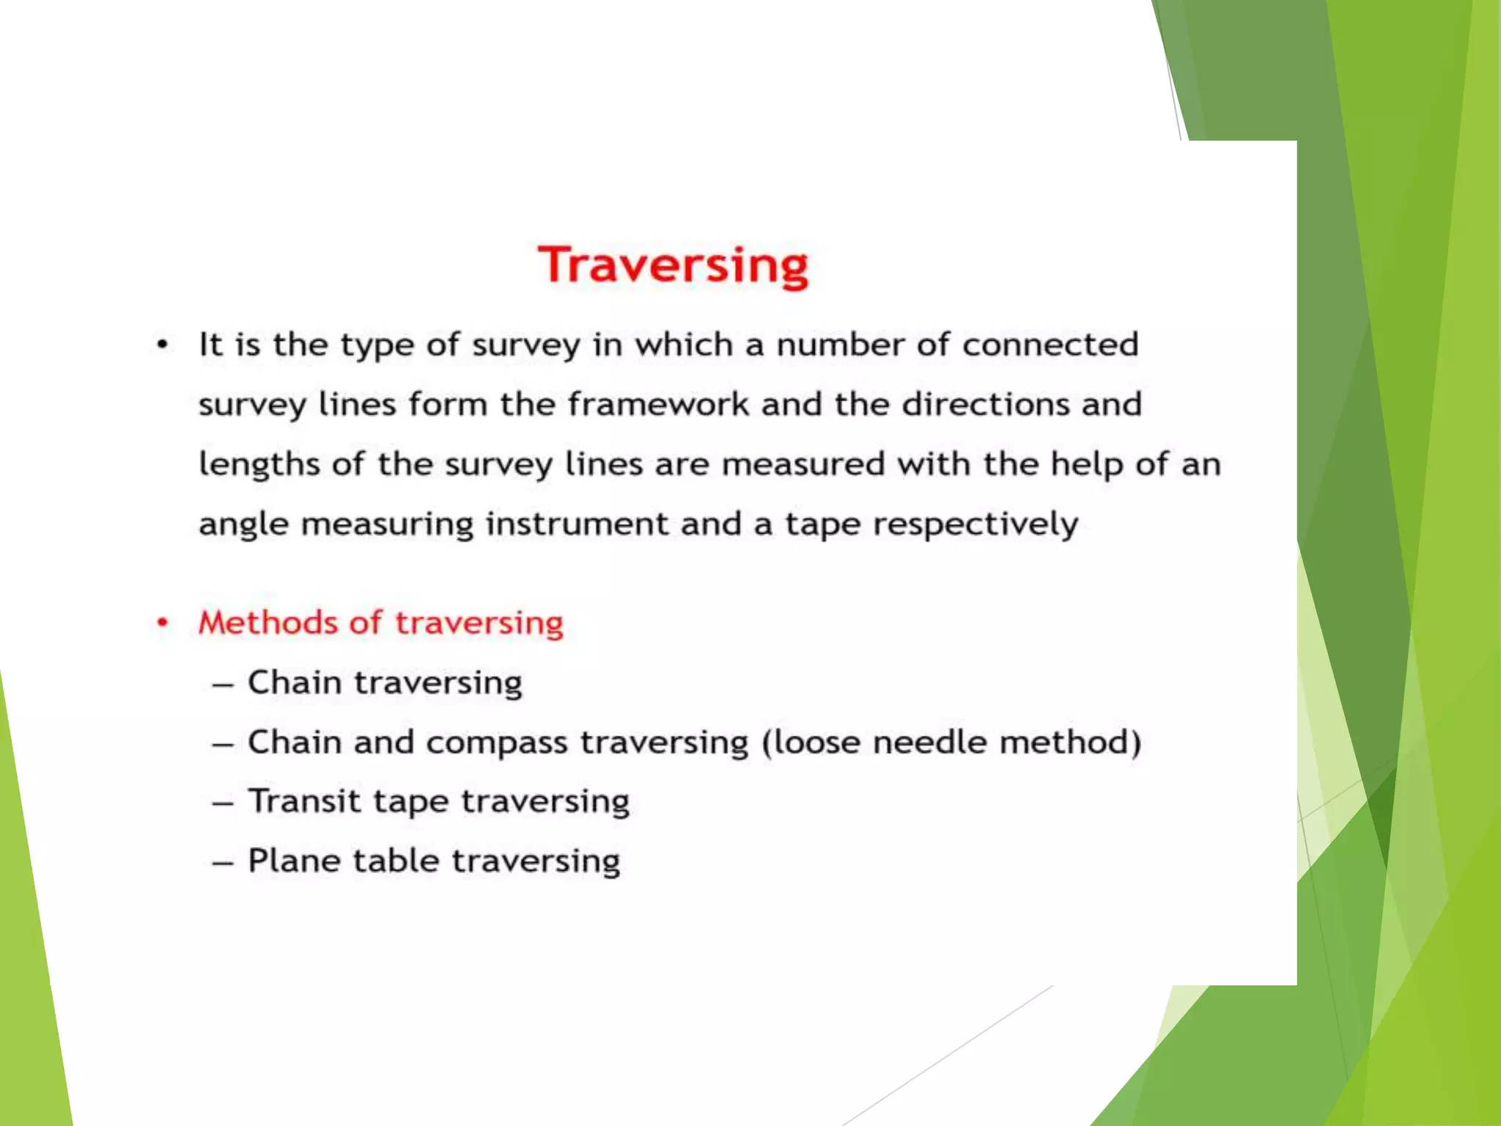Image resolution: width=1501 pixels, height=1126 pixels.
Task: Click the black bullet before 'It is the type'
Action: coord(163,345)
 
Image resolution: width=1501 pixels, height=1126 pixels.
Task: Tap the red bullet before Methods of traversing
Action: coord(163,623)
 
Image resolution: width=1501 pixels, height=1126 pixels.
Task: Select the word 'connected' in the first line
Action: coord(1050,345)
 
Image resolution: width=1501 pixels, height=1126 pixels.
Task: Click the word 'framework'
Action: coord(657,405)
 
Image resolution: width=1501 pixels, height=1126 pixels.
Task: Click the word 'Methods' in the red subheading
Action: coord(268,623)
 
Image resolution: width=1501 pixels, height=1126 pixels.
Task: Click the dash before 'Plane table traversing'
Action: coord(223,864)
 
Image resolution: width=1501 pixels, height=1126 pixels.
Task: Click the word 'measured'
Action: coord(803,465)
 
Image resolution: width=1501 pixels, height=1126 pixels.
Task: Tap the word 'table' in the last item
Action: coord(396,861)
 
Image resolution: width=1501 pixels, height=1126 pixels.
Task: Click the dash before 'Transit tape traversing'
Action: coord(223,803)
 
